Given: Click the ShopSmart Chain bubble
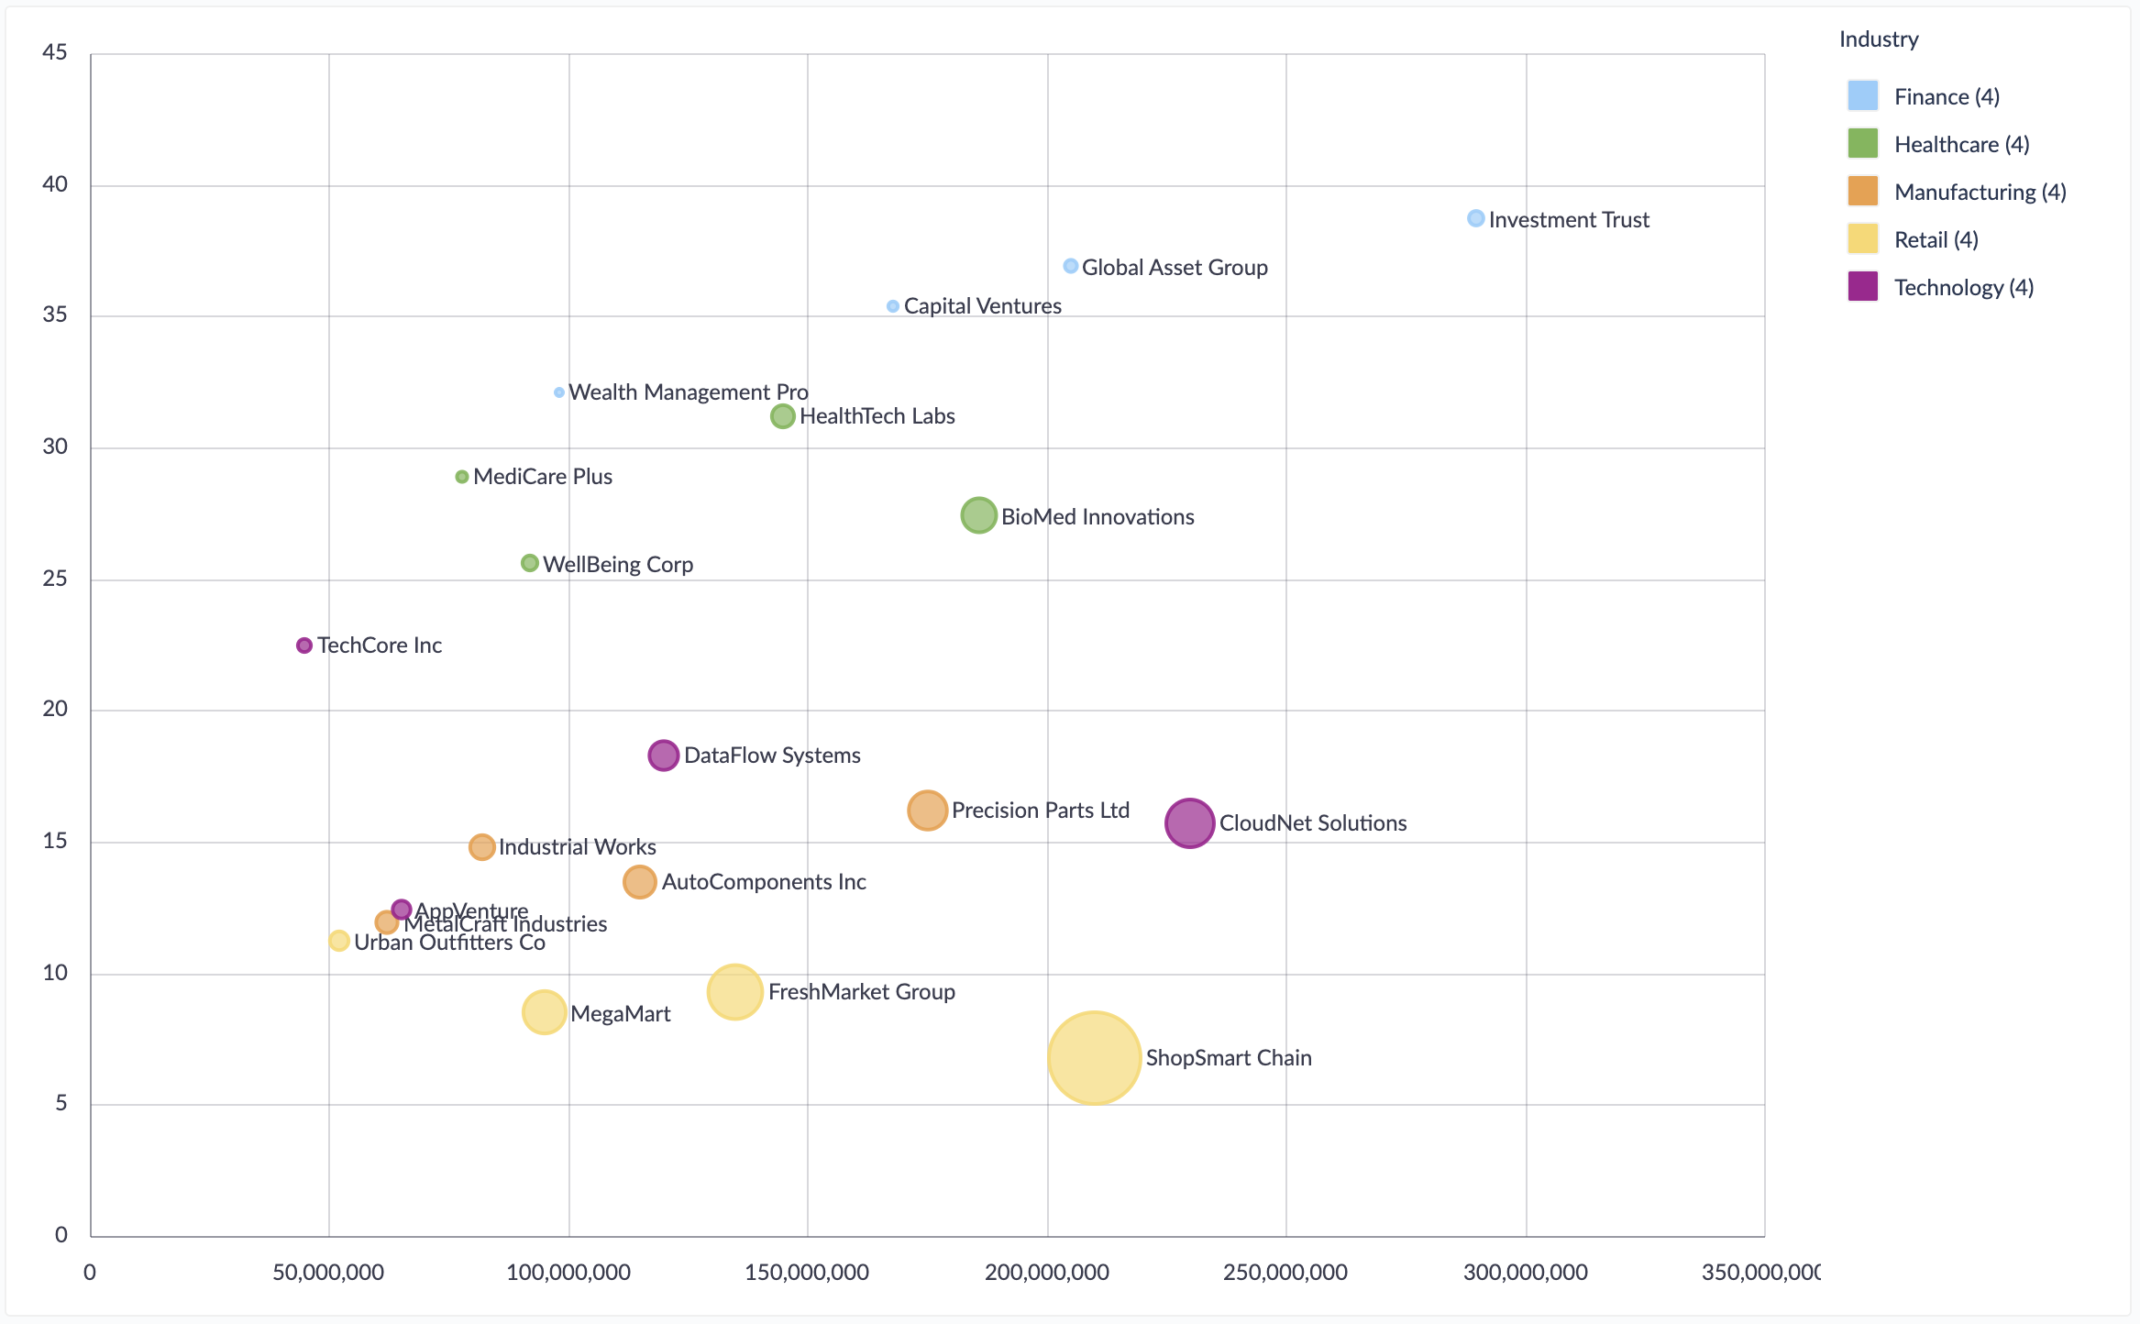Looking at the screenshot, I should (1094, 1058).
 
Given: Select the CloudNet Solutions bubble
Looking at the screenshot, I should (1189, 822).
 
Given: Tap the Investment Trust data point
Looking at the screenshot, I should (1475, 218).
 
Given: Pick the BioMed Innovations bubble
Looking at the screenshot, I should (978, 515).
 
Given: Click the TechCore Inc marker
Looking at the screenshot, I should (304, 645).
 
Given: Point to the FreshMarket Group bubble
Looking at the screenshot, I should (734, 991).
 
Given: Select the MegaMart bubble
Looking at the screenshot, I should (544, 1012).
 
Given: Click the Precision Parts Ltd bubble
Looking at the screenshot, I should (927, 811).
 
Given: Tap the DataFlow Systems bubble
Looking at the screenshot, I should (663, 756).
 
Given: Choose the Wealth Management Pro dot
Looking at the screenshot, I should (559, 392).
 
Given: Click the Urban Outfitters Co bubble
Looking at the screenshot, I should (339, 941).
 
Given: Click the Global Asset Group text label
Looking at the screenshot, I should (1175, 268).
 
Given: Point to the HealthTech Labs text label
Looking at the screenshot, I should (877, 416).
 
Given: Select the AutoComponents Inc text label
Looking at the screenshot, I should (764, 882).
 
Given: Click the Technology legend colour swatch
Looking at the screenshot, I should (1862, 287).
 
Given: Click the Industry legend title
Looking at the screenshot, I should (1879, 39).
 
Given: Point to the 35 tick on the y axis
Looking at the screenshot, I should (55, 315).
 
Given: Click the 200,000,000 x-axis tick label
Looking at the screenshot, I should (1047, 1273).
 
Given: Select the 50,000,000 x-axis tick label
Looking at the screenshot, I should (328, 1273).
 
